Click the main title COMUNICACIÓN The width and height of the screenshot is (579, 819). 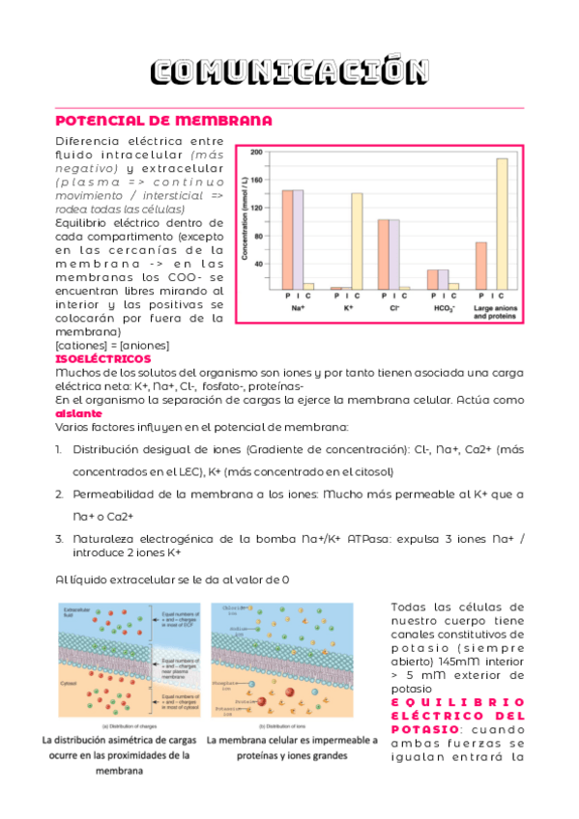(290, 72)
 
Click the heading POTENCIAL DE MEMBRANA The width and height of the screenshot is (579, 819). (163, 121)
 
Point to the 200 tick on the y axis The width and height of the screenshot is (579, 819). (256, 153)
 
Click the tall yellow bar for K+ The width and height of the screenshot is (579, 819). (357, 240)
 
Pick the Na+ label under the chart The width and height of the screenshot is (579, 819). (298, 307)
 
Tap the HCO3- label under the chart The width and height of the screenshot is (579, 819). (442, 307)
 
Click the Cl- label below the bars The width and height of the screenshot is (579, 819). (393, 307)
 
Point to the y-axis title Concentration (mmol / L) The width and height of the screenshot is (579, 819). (245, 218)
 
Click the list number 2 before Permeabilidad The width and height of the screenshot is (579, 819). (59, 494)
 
